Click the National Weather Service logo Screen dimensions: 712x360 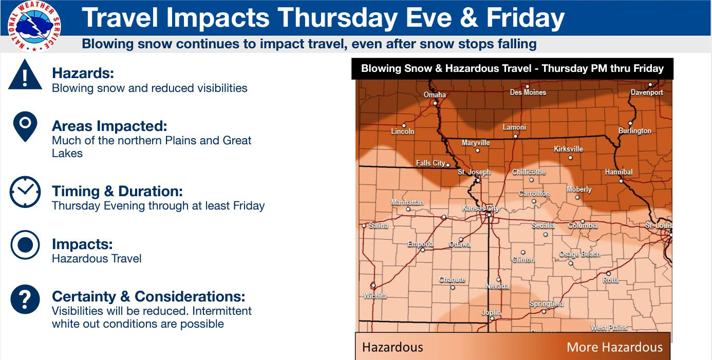point(34,26)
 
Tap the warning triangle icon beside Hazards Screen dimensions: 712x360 point(25,74)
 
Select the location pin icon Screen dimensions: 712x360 point(25,126)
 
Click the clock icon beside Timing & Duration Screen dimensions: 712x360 point(25,192)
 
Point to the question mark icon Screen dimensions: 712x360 point(25,299)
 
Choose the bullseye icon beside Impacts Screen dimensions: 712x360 point(25,245)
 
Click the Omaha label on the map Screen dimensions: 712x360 point(435,94)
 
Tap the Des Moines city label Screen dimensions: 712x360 point(528,92)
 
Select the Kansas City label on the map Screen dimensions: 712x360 point(480,209)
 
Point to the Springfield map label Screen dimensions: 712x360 point(547,304)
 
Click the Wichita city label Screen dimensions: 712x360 point(375,296)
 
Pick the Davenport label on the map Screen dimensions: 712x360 point(647,92)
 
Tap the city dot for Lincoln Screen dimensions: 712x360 point(404,125)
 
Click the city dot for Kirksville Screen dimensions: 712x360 point(571,158)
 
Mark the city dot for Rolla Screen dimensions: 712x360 point(608,274)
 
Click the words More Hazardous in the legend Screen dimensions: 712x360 point(615,347)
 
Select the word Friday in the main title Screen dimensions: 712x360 point(526,18)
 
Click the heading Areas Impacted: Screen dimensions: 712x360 point(109,126)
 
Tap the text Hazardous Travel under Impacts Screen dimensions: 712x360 point(97,259)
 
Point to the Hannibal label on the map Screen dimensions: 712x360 point(619,172)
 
